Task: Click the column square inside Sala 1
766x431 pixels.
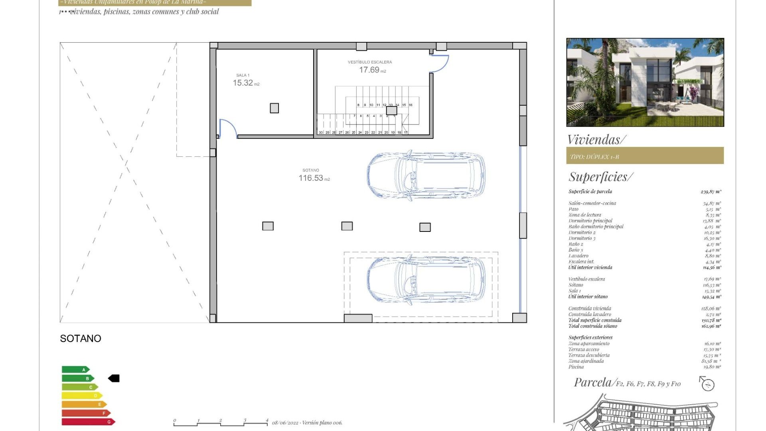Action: click(x=274, y=108)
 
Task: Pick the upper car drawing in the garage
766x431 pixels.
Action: click(x=426, y=175)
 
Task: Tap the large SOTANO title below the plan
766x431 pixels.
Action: click(x=81, y=338)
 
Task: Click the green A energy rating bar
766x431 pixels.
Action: click(x=75, y=370)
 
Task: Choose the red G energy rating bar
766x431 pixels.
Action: click(x=88, y=421)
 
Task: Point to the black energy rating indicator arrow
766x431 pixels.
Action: click(x=114, y=378)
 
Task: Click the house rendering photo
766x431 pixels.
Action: click(x=645, y=82)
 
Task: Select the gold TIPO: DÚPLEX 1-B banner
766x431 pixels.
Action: click(x=645, y=156)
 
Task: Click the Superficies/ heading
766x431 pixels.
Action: click(x=600, y=176)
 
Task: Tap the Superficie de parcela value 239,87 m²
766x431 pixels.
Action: click(x=711, y=192)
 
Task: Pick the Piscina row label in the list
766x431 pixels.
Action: click(x=576, y=367)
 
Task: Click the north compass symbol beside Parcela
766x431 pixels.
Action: click(x=707, y=384)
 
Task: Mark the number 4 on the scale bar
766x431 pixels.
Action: click(x=267, y=420)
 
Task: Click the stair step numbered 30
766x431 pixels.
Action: click(x=321, y=132)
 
